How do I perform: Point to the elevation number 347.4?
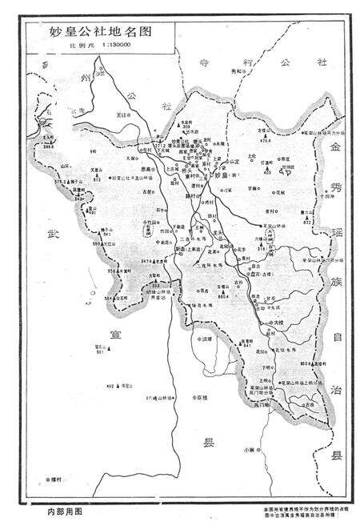point(145,261)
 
